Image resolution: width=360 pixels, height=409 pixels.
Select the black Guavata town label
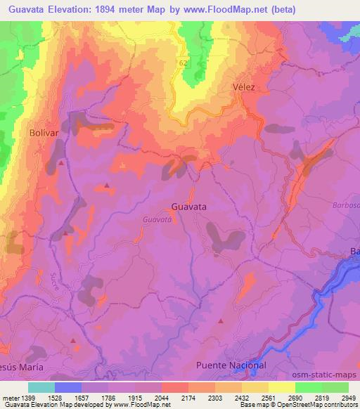(x=188, y=207)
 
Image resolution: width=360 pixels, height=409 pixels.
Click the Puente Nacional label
(x=231, y=365)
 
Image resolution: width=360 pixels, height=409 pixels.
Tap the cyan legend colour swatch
(x=41, y=387)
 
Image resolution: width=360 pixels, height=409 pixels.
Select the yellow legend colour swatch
(x=281, y=387)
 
